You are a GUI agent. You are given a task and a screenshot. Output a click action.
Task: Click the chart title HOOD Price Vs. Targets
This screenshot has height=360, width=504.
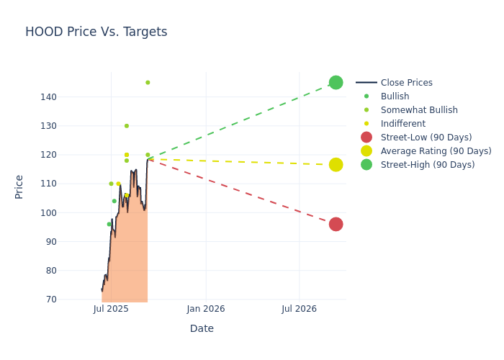pos(96,32)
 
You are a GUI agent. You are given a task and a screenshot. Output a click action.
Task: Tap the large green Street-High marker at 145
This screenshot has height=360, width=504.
pos(336,83)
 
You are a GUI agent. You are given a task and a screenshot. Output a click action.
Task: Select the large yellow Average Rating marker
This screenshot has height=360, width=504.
pos(336,165)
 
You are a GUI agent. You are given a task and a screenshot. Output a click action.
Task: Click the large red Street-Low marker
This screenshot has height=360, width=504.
pos(336,224)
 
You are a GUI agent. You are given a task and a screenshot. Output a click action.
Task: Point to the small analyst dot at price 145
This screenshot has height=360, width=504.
pos(148,83)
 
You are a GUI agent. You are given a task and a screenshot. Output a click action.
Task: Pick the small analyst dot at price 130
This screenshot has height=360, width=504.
pos(127,126)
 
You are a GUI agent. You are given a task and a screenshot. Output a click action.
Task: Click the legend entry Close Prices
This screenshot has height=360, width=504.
pos(406,83)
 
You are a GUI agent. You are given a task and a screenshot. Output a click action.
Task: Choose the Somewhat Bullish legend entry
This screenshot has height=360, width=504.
pos(419,110)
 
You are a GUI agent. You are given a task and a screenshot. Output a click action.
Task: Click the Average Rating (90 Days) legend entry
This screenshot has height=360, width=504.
pos(436,151)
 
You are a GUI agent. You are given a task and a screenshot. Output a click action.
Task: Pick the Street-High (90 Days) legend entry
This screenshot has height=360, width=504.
pos(428,165)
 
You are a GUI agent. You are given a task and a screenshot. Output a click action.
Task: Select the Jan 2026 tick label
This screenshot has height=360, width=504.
pos(205,309)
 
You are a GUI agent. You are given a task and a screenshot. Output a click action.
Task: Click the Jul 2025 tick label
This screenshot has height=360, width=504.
pos(111,309)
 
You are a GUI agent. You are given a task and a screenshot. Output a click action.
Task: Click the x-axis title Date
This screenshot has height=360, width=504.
pos(202,329)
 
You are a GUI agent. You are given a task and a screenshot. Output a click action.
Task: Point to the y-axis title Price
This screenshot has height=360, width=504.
pos(19,186)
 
